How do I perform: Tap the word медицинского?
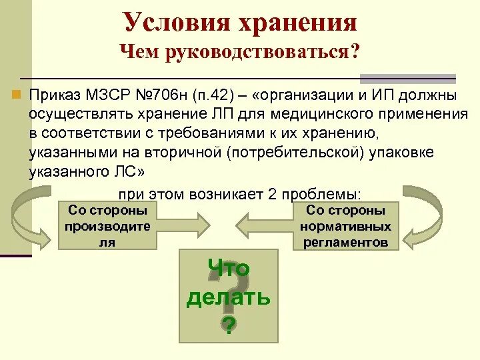(317, 114)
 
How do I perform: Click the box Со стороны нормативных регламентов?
(345, 226)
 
